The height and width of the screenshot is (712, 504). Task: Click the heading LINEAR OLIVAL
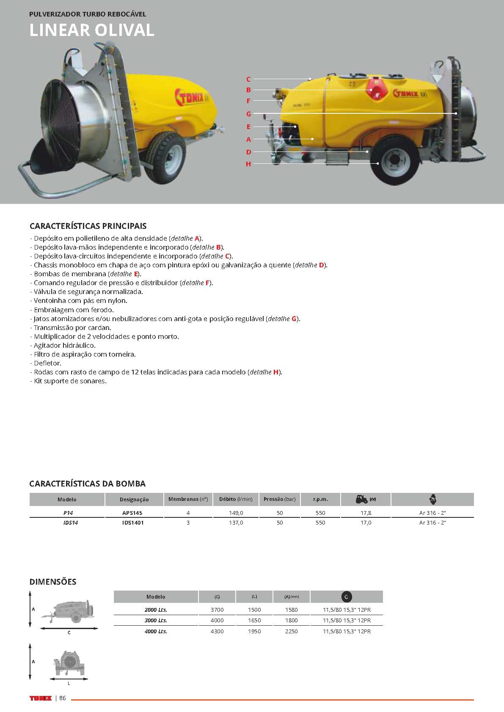[x=92, y=30]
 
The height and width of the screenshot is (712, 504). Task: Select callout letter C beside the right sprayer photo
[x=248, y=79]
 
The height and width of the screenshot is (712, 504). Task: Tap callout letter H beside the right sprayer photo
[x=248, y=164]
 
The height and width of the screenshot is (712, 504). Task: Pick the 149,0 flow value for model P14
[x=236, y=513]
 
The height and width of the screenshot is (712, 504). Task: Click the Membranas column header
[x=188, y=499]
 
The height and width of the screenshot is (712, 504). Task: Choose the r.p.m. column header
[x=320, y=499]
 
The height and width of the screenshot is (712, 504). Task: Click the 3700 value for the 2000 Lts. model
[x=217, y=610]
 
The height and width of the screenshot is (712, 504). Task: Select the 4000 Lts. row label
[x=156, y=631]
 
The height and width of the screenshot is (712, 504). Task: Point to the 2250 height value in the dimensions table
[x=291, y=631]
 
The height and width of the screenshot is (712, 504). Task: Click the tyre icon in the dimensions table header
[x=346, y=597]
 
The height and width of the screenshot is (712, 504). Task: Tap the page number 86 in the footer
[x=63, y=698]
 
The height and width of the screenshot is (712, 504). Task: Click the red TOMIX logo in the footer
[x=41, y=698]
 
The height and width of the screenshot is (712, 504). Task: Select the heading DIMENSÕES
[x=53, y=582]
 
